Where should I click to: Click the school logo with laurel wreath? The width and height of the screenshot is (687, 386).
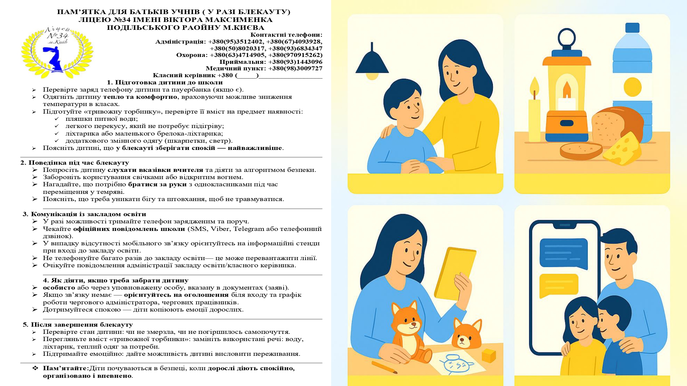click(57, 51)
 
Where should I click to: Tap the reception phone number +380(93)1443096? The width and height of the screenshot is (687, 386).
click(295, 62)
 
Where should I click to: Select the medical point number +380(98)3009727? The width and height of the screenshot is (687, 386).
click(295, 68)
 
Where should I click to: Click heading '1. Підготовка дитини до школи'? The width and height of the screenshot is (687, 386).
click(165, 82)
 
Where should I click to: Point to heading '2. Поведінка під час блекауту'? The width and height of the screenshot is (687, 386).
click(75, 163)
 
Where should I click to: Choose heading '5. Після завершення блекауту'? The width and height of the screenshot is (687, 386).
click(78, 325)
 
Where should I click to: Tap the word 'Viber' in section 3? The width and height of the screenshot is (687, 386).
click(221, 229)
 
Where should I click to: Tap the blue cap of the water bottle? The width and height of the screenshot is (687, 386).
click(632, 27)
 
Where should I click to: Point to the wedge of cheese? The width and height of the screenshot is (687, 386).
click(622, 148)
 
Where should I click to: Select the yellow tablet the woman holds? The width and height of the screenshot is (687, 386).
click(455, 273)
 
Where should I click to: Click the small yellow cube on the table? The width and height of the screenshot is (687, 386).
click(488, 355)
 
